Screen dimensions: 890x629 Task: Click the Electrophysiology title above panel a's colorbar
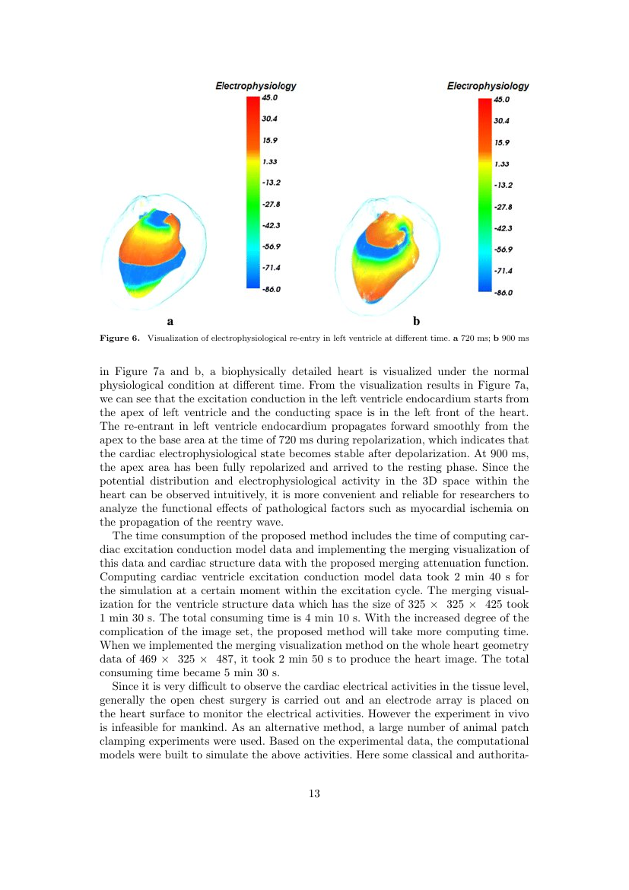[x=256, y=86]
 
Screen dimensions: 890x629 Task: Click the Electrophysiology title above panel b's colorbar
[x=488, y=86]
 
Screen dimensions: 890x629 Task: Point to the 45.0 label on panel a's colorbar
[x=270, y=97]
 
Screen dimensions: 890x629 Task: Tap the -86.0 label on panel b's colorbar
[x=503, y=292]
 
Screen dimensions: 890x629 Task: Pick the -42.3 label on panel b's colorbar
[x=503, y=228]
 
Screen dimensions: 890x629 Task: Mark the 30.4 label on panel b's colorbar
[x=502, y=121]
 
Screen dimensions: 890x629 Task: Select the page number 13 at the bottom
[x=314, y=794]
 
